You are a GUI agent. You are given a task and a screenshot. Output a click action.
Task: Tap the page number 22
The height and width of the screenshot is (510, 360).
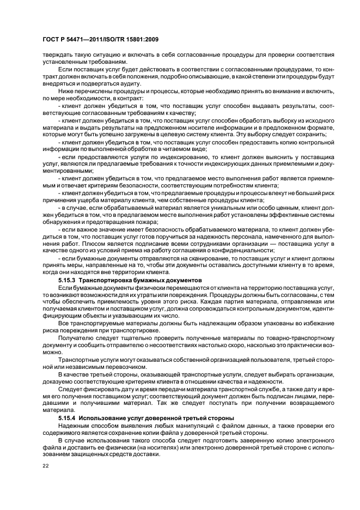pos(45,465)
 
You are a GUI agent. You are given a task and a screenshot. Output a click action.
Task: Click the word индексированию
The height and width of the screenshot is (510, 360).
pos(150,155)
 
